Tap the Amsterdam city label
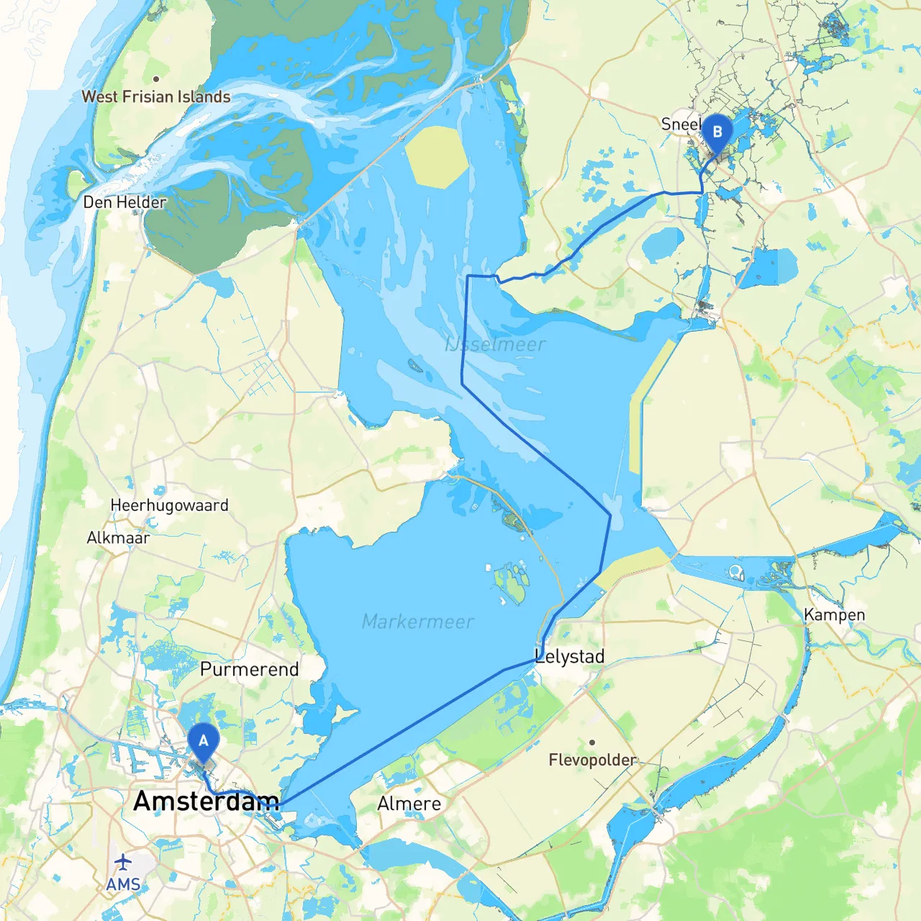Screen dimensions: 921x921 (x=206, y=801)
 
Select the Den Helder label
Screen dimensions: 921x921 (x=124, y=202)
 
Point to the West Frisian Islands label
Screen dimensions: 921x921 (x=156, y=96)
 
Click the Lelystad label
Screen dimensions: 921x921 (x=570, y=656)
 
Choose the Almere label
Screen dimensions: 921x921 (x=409, y=804)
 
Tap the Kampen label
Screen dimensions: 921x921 (x=834, y=614)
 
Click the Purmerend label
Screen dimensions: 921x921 (x=249, y=669)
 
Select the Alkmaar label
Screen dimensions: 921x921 (x=118, y=537)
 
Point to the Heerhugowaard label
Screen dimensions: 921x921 (x=169, y=505)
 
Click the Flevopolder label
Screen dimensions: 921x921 (x=592, y=760)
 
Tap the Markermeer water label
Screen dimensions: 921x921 (x=417, y=622)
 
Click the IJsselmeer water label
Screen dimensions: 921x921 (x=496, y=345)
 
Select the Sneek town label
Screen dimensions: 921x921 (x=680, y=124)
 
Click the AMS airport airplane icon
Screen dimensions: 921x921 (x=124, y=861)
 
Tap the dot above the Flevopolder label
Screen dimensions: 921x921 (x=591, y=742)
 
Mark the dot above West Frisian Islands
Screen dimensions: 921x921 (x=156, y=78)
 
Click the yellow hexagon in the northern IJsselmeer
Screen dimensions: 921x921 (x=437, y=157)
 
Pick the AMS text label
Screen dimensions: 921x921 (x=123, y=884)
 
